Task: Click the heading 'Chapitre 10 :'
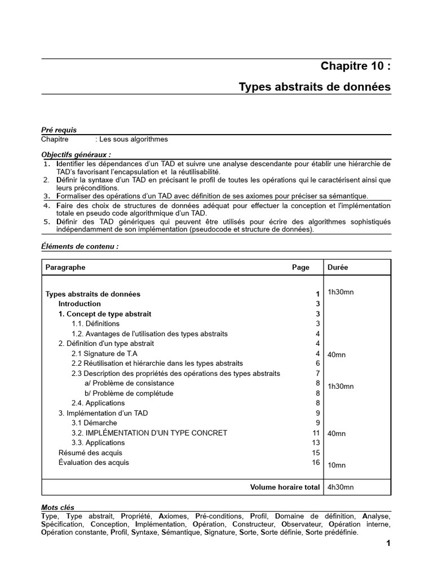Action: [355, 66]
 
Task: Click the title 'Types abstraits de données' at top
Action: [314, 87]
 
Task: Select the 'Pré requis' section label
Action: [59, 130]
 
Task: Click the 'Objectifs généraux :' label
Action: [76, 154]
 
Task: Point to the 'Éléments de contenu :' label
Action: [79, 247]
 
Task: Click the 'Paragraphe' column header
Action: [65, 268]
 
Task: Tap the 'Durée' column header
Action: [338, 268]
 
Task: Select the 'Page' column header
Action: [301, 268]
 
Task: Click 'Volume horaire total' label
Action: [285, 487]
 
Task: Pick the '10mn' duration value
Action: [337, 465]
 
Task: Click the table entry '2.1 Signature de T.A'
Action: [104, 353]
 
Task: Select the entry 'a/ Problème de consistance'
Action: [127, 383]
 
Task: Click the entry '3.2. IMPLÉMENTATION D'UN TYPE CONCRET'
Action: [149, 433]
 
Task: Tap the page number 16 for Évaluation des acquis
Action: [316, 463]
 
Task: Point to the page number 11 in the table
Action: [316, 433]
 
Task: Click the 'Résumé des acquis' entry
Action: [90, 452]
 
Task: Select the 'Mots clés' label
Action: [58, 508]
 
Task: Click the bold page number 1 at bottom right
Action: [388, 544]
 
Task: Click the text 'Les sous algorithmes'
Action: [134, 139]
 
